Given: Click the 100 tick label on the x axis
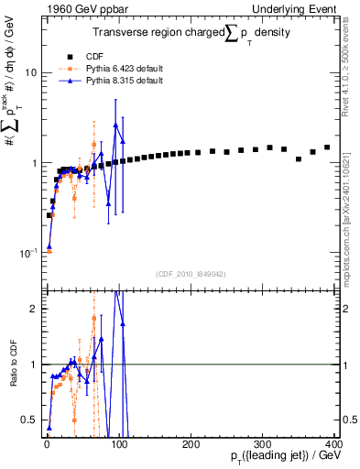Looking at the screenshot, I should click(118, 442).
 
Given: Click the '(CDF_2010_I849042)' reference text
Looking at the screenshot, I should click(190, 274).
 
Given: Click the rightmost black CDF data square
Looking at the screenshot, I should click(327, 147).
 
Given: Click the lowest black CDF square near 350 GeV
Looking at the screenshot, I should click(299, 159).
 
